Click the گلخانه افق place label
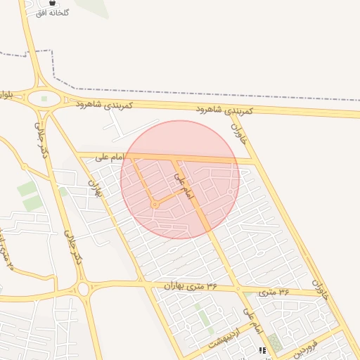click(53, 13)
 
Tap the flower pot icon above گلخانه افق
click(53, 3)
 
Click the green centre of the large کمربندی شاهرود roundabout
click(44, 99)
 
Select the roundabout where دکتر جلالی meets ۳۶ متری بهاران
click(84, 288)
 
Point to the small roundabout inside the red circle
click(154, 205)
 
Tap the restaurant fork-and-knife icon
click(262, 350)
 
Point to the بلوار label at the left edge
click(6, 94)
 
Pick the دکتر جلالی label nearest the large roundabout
click(42, 137)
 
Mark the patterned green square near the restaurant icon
click(274, 343)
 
